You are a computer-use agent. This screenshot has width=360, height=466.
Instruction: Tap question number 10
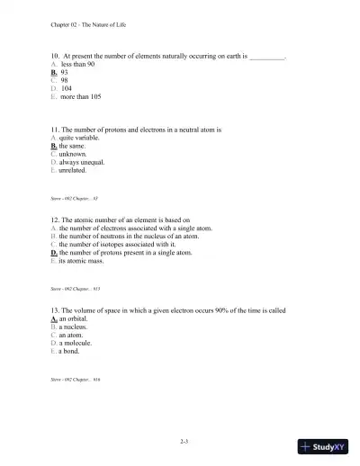pyautogui.click(x=55, y=56)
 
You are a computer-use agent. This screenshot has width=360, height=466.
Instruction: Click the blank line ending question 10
pyautogui.click(x=266, y=57)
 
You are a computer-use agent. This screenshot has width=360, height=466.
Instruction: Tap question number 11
pyautogui.click(x=55, y=130)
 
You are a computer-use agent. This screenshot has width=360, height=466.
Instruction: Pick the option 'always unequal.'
pyautogui.click(x=85, y=162)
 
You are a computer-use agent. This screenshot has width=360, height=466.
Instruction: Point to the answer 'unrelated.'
pyautogui.click(x=76, y=170)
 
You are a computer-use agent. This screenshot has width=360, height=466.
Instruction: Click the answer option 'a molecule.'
pyautogui.click(x=76, y=343)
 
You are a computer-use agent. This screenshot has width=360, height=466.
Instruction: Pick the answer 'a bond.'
pyautogui.click(x=71, y=351)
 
